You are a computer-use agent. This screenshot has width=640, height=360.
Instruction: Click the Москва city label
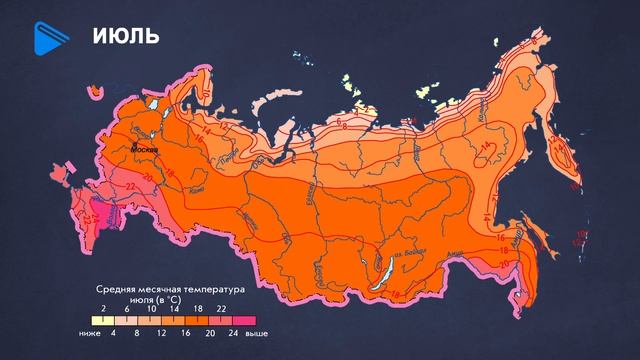point(146,150)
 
